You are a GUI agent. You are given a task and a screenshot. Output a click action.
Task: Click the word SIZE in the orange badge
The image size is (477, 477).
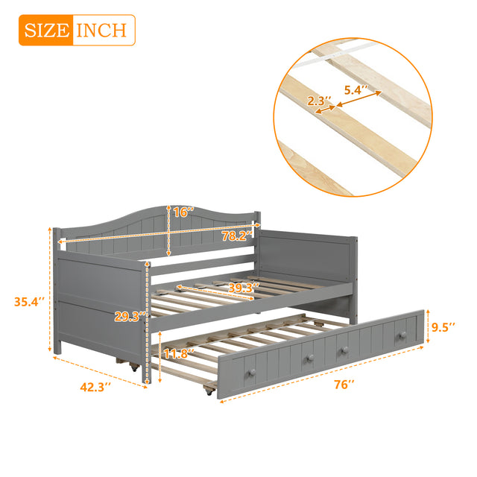(x=45, y=31)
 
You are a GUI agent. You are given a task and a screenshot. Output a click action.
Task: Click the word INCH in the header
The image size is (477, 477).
(x=103, y=31)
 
